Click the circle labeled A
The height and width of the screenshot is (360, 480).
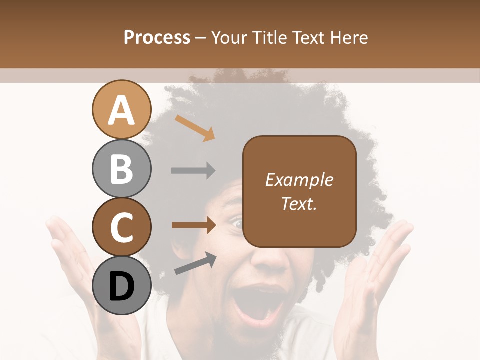pos(121,110)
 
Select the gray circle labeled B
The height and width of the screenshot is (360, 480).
pos(121,168)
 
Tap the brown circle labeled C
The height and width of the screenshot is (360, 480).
pos(121,227)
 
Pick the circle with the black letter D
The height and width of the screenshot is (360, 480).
pos(121,286)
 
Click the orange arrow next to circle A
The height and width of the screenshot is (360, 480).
pos(195,128)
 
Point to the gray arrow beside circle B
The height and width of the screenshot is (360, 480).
pos(193,171)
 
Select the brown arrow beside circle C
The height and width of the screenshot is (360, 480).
pos(193,225)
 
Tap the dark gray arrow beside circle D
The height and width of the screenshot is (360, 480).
pos(195,263)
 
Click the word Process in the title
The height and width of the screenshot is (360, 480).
pos(157,37)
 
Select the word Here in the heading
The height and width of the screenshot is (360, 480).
pos(350,37)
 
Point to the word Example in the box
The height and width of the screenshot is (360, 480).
pos(299,180)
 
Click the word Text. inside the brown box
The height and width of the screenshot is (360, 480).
pos(299,203)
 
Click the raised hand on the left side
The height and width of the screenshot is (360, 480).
pos(75,260)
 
